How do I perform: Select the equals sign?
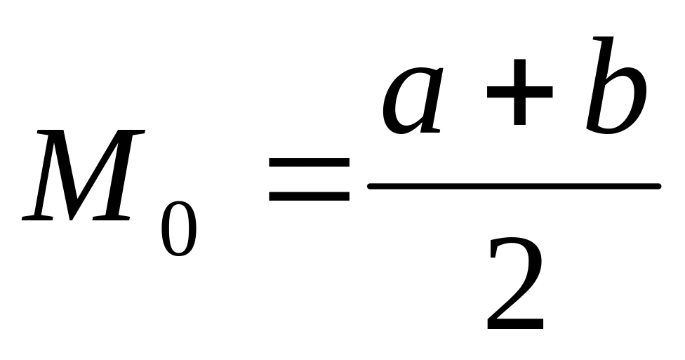pos(310,180)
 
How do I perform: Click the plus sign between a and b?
pos(519,96)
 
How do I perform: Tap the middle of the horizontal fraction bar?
pos(514,186)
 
